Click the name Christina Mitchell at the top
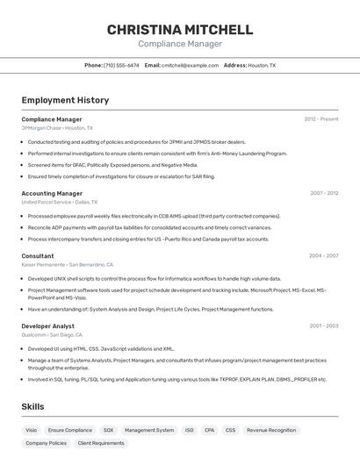click(180, 30)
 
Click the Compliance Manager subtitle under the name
click(180, 44)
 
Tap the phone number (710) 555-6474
click(121, 65)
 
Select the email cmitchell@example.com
click(190, 65)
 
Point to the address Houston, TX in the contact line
click(262, 65)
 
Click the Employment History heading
click(65, 100)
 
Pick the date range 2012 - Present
click(321, 119)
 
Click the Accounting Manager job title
click(52, 193)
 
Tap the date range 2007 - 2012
click(324, 193)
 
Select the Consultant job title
click(38, 256)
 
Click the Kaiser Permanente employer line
click(67, 264)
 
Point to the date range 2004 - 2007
click(324, 256)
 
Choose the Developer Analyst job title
click(47, 325)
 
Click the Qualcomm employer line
click(52, 334)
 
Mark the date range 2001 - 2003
click(324, 325)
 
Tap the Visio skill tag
click(32, 431)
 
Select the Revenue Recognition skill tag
click(271, 431)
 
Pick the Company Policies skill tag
click(46, 444)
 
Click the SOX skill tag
click(108, 431)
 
